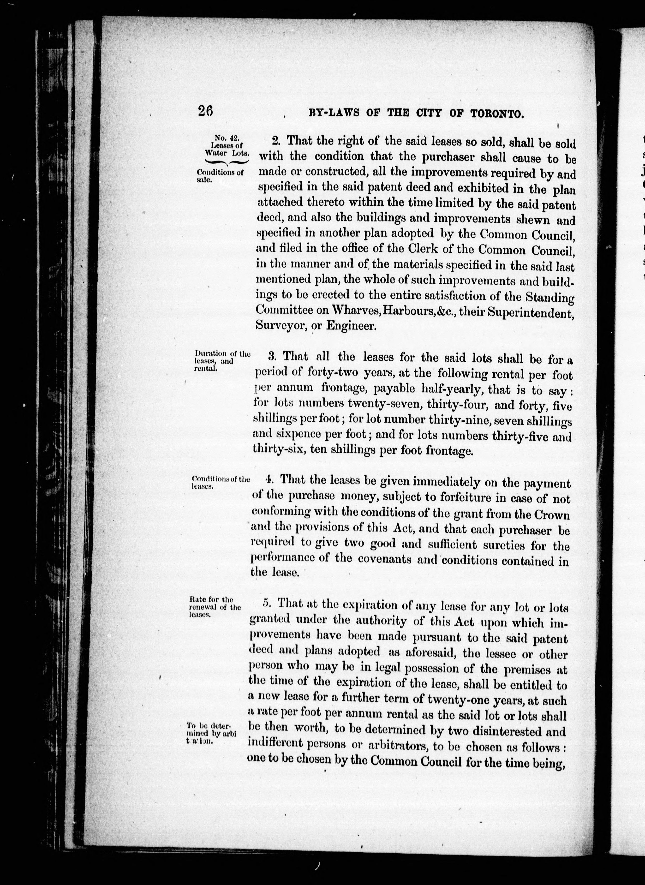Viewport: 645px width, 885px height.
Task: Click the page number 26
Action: tap(205, 112)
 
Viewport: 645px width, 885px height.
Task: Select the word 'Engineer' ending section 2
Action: tap(351, 326)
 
